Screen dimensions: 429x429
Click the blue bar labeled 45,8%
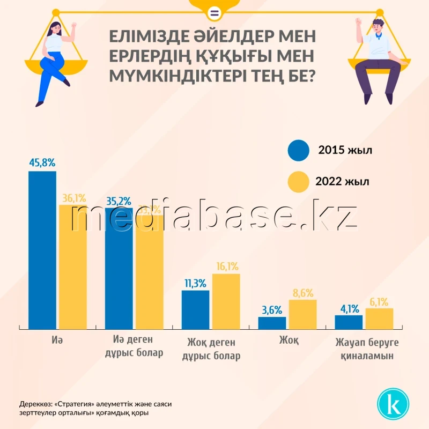pyautogui.click(x=42, y=249)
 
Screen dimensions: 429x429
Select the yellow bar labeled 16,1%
pyautogui.click(x=226, y=301)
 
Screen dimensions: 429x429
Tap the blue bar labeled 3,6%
pyautogui.click(x=272, y=322)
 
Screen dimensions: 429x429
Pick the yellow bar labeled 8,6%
pyautogui.click(x=302, y=314)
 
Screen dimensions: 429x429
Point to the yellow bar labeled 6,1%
pyautogui.click(x=379, y=318)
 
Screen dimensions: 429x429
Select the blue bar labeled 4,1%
pyautogui.click(x=349, y=321)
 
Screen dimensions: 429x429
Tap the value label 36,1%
pyautogui.click(x=73, y=198)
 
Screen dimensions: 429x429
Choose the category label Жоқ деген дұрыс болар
pyautogui.click(x=211, y=349)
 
